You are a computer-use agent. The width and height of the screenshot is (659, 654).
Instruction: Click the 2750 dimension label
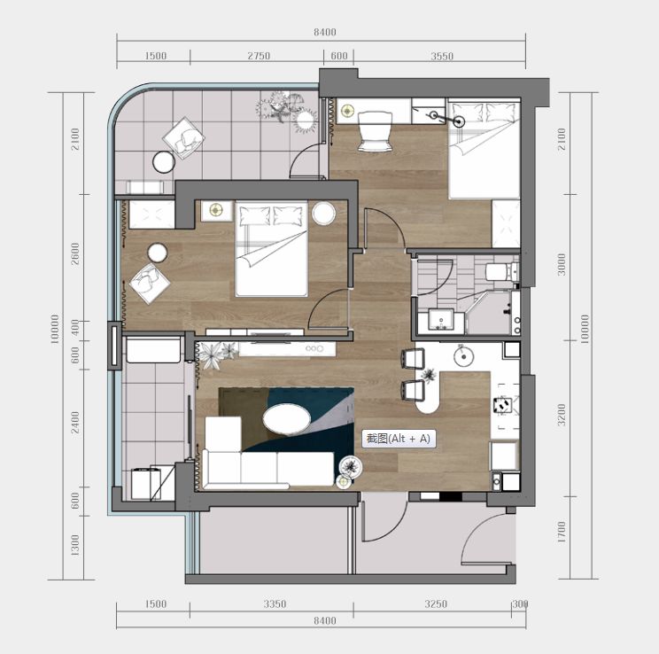(x=259, y=56)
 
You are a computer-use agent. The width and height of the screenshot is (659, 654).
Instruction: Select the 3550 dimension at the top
(x=442, y=56)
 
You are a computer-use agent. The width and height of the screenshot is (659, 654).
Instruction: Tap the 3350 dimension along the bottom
(x=275, y=604)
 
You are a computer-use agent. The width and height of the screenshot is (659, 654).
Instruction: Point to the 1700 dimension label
(x=562, y=532)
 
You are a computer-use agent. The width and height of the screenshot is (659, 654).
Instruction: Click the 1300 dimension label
(x=74, y=545)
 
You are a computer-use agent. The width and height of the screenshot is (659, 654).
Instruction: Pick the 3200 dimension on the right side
(x=562, y=414)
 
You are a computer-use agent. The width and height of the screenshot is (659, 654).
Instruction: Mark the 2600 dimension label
(x=74, y=253)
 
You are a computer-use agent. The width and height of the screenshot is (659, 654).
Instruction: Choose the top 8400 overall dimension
(x=325, y=32)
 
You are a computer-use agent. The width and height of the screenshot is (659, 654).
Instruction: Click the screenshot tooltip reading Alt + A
(x=399, y=439)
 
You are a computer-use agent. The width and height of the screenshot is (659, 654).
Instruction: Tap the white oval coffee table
(x=287, y=419)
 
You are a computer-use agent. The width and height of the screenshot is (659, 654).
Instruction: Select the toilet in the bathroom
(x=502, y=272)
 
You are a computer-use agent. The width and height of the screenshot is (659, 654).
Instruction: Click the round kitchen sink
(x=463, y=356)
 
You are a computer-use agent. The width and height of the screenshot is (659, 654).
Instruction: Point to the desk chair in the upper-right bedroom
(x=376, y=131)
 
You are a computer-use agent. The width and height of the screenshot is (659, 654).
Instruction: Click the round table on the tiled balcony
(x=164, y=162)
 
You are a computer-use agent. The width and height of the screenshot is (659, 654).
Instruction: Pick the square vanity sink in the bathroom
(x=441, y=320)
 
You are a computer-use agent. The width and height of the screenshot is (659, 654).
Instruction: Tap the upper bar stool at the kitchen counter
(x=413, y=358)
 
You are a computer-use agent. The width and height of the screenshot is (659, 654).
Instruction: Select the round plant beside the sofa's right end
(x=351, y=466)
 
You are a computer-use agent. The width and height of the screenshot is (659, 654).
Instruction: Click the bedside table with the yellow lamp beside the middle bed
(x=216, y=210)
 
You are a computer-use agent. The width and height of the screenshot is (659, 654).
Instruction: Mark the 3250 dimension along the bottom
(x=436, y=604)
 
